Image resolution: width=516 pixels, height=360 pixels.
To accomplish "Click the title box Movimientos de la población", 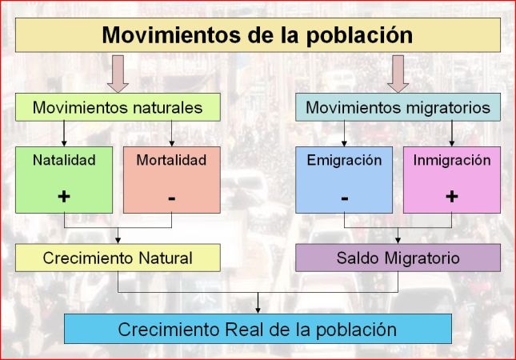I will (x=258, y=35).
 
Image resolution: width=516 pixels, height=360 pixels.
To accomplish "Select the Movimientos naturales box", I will (x=117, y=106).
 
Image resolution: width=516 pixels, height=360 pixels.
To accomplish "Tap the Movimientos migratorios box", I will (x=398, y=106).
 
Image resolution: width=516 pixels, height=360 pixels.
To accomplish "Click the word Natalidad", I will (x=64, y=160).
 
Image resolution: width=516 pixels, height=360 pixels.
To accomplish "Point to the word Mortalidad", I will (x=171, y=160).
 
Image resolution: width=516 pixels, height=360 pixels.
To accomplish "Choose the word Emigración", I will (x=344, y=160).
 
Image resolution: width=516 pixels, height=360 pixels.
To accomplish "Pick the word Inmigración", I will (x=452, y=160).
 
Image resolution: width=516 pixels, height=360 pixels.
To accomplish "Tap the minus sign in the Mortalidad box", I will (x=171, y=197).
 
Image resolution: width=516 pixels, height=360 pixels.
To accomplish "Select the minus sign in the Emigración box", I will (x=344, y=197).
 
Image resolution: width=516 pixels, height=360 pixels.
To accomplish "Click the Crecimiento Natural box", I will (x=117, y=258).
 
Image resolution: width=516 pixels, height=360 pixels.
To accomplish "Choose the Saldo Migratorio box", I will (x=398, y=258).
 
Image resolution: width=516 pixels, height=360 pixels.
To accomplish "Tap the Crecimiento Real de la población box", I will (x=258, y=329).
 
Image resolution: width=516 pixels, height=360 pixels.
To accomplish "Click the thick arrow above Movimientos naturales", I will (x=117, y=73).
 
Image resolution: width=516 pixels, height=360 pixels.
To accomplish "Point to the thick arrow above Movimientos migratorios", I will (x=398, y=73).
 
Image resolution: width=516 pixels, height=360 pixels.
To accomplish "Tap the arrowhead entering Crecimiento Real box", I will (x=258, y=309).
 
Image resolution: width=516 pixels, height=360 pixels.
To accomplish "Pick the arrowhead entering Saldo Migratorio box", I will (x=398, y=239).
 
